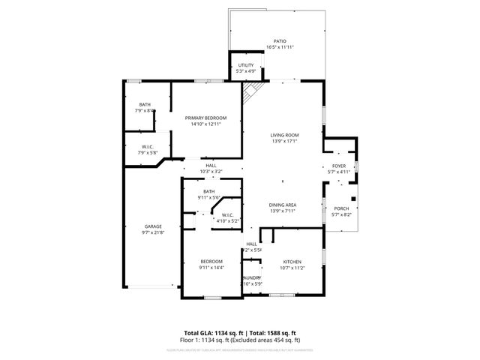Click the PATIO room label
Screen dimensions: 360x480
pyautogui.click(x=280, y=41)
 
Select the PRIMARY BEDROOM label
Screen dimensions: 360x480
pyautogui.click(x=206, y=118)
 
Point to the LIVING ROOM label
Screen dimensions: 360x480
pyautogui.click(x=284, y=135)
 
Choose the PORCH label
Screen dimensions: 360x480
pyautogui.click(x=340, y=208)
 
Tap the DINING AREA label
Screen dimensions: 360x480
pyautogui.click(x=283, y=205)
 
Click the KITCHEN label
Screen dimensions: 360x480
pyautogui.click(x=292, y=262)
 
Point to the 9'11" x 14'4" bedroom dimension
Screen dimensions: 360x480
pyautogui.click(x=211, y=267)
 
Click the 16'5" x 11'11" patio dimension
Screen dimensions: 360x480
pyautogui.click(x=280, y=47)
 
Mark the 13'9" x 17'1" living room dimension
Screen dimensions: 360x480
pyautogui.click(x=284, y=141)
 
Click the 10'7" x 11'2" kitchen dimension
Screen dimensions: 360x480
pyautogui.click(x=292, y=268)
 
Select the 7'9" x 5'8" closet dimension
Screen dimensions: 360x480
pyautogui.click(x=147, y=152)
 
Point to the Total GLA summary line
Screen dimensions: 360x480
pyautogui.click(x=240, y=332)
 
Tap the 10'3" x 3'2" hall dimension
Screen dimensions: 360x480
pyautogui.click(x=211, y=172)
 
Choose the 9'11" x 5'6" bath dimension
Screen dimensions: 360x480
pyautogui.click(x=209, y=197)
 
